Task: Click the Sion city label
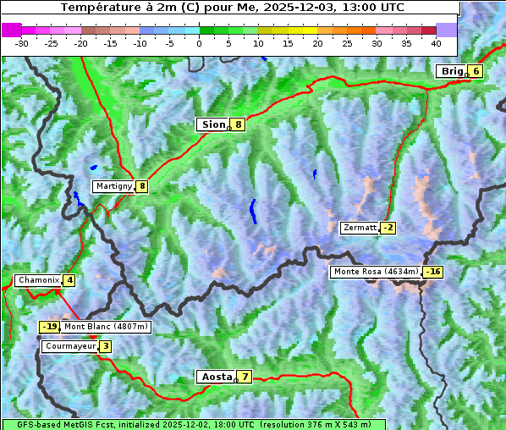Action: pos(212,124)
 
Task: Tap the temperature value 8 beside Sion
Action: pos(239,124)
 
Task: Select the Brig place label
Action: pos(452,71)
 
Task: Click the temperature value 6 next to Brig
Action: pos(476,71)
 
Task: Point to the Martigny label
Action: pos(113,186)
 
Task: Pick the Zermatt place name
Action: pos(360,228)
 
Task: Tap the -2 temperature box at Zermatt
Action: pos(388,228)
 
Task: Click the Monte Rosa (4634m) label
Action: pos(376,272)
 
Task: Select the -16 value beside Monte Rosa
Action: pos(433,272)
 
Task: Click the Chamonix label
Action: pos(38,280)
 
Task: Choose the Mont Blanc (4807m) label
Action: pos(106,327)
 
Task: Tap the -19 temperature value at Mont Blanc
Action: pos(50,327)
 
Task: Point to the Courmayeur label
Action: pos(69,346)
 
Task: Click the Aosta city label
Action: pos(215,377)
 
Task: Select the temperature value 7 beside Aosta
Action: pos(245,377)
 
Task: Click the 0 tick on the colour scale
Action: pos(200,42)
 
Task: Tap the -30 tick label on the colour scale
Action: pos(22,42)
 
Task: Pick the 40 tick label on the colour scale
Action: pos(436,42)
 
